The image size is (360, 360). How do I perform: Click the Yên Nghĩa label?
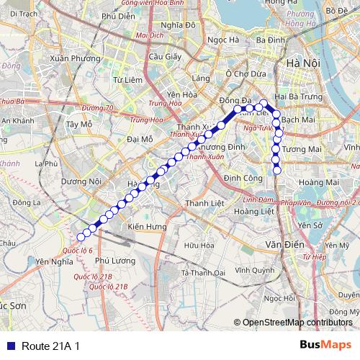tap(50, 261)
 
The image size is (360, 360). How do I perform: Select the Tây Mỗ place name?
tap(79, 124)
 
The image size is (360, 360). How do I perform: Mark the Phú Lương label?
tap(111, 261)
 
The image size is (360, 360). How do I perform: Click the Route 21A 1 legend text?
tap(50, 346)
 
